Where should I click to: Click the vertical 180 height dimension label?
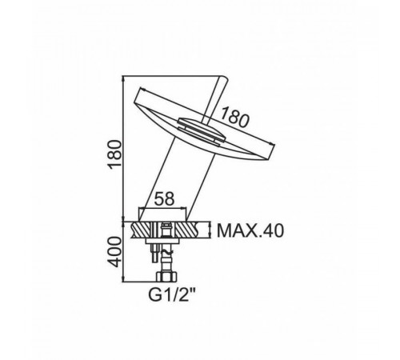point(114,154)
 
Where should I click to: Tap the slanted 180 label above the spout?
point(234,118)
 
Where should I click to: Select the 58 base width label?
point(165,198)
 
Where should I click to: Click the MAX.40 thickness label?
point(250,230)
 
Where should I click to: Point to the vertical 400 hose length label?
point(114,252)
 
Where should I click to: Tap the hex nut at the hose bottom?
point(167,276)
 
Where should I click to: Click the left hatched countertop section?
point(141,230)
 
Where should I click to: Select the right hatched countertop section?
point(188,230)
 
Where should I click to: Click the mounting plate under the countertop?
point(162,241)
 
